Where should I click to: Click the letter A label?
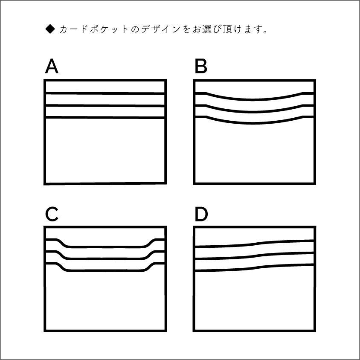point(52,67)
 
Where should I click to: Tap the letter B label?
point(200,67)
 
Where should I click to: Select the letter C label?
point(52,215)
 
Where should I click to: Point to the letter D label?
point(201,215)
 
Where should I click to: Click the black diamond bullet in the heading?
point(50,29)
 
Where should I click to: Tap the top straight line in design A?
point(105,93)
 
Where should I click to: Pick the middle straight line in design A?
point(105,105)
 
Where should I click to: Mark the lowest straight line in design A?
point(105,117)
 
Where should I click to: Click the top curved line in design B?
point(254,99)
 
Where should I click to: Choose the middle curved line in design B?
point(254,112)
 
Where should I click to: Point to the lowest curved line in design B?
point(254,123)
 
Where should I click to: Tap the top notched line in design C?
point(105,247)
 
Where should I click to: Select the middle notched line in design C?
point(105,258)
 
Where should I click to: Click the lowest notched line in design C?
point(105,270)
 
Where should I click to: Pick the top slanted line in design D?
point(254,243)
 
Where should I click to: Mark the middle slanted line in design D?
point(254,255)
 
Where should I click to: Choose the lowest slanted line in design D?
point(254,267)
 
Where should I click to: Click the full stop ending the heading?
point(266,32)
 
